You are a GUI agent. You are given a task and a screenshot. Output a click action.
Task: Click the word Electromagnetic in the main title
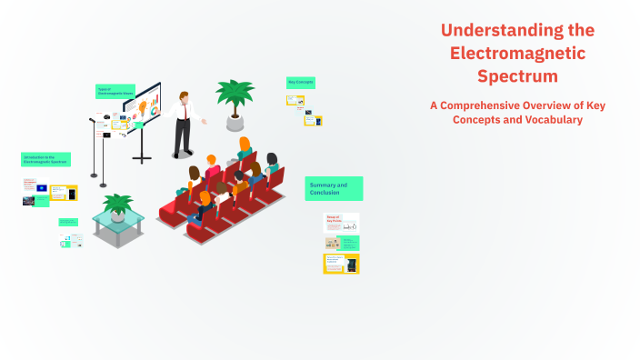517,53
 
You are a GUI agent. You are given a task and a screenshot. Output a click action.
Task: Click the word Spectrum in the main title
517,75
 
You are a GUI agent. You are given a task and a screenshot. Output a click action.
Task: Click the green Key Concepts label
300,82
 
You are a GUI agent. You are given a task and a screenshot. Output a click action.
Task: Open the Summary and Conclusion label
334,188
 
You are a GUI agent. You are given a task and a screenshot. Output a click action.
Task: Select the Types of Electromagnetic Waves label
115,91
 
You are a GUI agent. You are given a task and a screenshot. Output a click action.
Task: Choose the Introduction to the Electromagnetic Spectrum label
45,159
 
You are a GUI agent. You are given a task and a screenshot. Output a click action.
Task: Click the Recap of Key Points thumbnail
342,222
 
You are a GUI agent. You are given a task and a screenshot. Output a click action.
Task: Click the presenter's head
185,95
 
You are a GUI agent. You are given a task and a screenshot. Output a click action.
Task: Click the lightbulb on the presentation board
141,106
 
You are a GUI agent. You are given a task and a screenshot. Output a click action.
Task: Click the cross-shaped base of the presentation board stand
142,158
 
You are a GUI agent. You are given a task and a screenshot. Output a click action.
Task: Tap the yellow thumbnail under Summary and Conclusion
342,264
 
